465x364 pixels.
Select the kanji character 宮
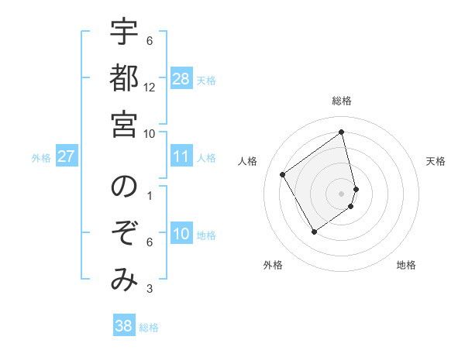point(124,125)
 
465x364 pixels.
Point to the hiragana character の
point(124,188)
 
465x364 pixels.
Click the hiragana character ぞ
point(124,234)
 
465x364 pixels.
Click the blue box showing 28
point(181,79)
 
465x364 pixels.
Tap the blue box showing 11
point(181,157)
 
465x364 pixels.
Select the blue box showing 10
point(181,235)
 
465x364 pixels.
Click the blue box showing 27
point(67,157)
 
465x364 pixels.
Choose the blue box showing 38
point(124,326)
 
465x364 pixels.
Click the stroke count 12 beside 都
point(150,87)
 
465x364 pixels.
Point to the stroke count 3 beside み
point(150,289)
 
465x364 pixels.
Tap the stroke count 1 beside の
point(150,196)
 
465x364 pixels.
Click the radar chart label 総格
point(342,101)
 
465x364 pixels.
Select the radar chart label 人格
point(248,161)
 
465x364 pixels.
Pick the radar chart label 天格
point(436,161)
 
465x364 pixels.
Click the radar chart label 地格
point(406,265)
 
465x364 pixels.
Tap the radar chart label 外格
point(273,265)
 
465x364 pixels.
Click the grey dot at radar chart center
point(342,193)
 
